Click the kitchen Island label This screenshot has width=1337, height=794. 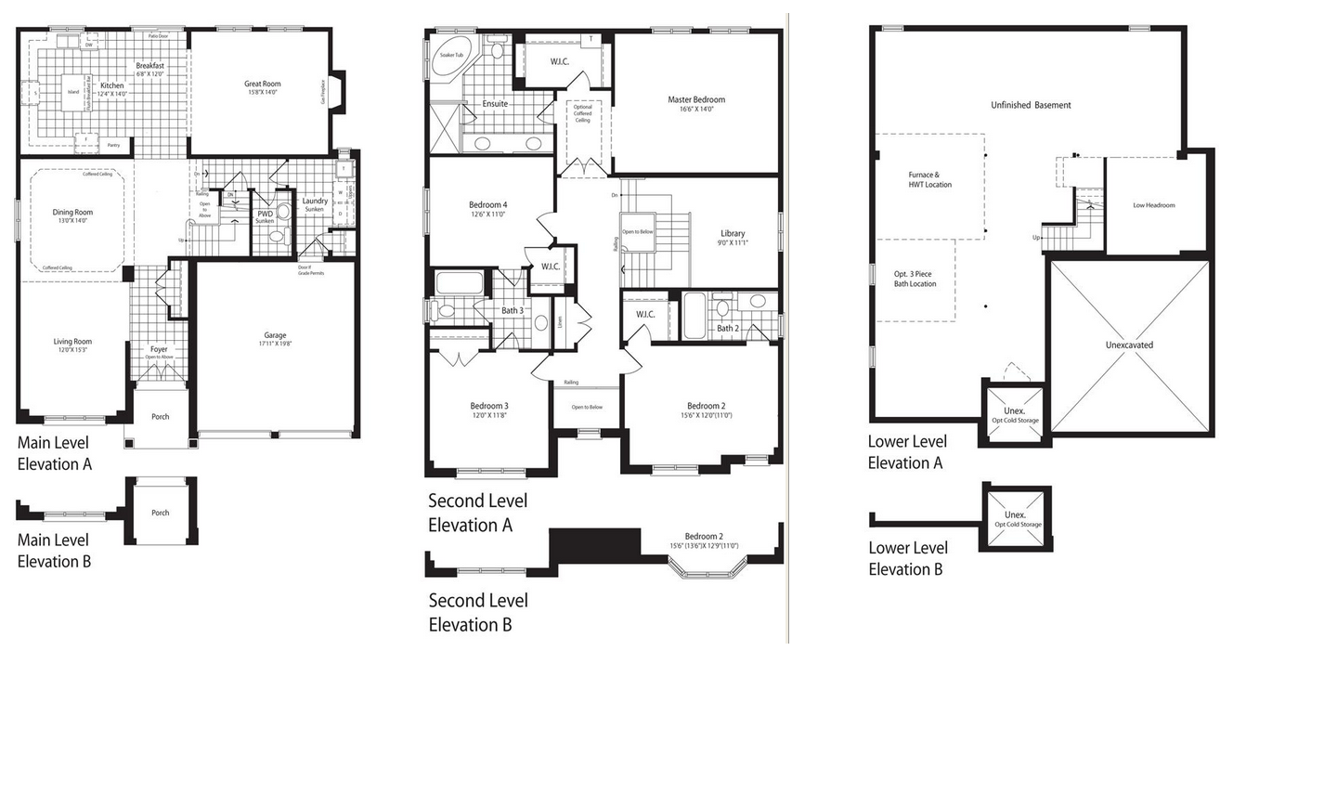tap(73, 92)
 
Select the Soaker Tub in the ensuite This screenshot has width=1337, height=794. tap(452, 56)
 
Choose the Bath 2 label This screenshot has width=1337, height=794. tap(728, 328)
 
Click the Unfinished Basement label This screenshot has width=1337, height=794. tap(1031, 105)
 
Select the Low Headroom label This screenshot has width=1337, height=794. tap(1154, 205)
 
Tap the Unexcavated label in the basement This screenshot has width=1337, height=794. tap(1129, 345)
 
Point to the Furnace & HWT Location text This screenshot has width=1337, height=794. tap(929, 179)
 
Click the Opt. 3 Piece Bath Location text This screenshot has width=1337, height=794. tap(915, 279)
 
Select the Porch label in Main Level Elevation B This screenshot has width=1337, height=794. tap(161, 513)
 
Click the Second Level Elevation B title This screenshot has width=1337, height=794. tap(477, 613)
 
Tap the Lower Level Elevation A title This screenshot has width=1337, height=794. tap(907, 452)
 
